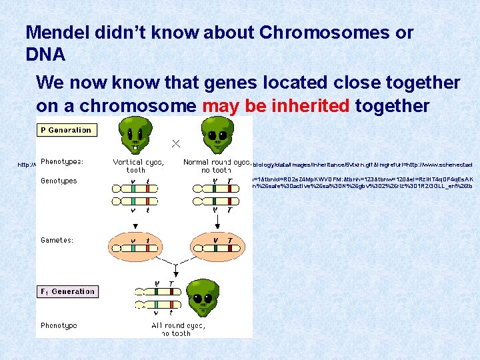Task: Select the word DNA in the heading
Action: [x=45, y=55]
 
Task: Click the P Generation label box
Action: [x=66, y=130]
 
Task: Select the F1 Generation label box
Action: [x=67, y=291]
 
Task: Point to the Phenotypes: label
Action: [x=62, y=161]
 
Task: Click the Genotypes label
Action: [x=59, y=181]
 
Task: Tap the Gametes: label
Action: [x=57, y=239]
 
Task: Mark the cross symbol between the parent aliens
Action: [x=176, y=143]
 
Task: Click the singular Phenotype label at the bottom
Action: [x=59, y=325]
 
